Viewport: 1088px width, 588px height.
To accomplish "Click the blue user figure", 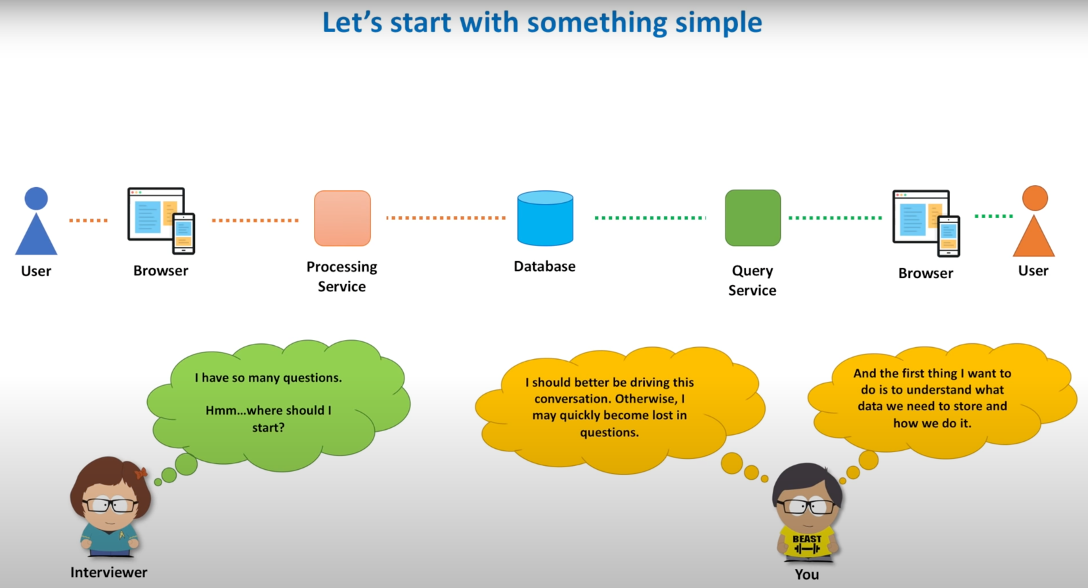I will [36, 223].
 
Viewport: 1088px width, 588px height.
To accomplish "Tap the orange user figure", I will [1034, 223].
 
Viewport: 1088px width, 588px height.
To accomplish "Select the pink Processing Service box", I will [342, 218].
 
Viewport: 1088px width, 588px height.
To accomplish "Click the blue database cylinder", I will [545, 218].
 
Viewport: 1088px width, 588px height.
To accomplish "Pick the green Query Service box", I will [752, 218].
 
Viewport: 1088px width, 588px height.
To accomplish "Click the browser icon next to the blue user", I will [161, 220].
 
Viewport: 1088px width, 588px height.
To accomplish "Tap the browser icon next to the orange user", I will [926, 222].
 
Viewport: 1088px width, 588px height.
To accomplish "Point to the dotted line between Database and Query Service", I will [649, 217].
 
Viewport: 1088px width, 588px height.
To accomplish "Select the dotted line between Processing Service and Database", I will [446, 217].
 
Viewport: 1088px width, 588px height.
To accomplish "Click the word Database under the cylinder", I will [544, 266].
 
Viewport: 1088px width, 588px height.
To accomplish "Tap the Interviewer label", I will [108, 572].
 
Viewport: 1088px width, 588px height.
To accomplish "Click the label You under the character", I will [807, 574].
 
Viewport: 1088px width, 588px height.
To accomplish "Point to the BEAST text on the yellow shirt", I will [807, 539].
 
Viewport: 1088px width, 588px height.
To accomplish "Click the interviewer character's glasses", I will [110, 505].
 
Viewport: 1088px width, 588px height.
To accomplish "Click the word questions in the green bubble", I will [312, 378].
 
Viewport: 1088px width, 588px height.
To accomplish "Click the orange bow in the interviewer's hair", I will [141, 472].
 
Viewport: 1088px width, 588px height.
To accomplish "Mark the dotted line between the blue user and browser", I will [88, 220].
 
